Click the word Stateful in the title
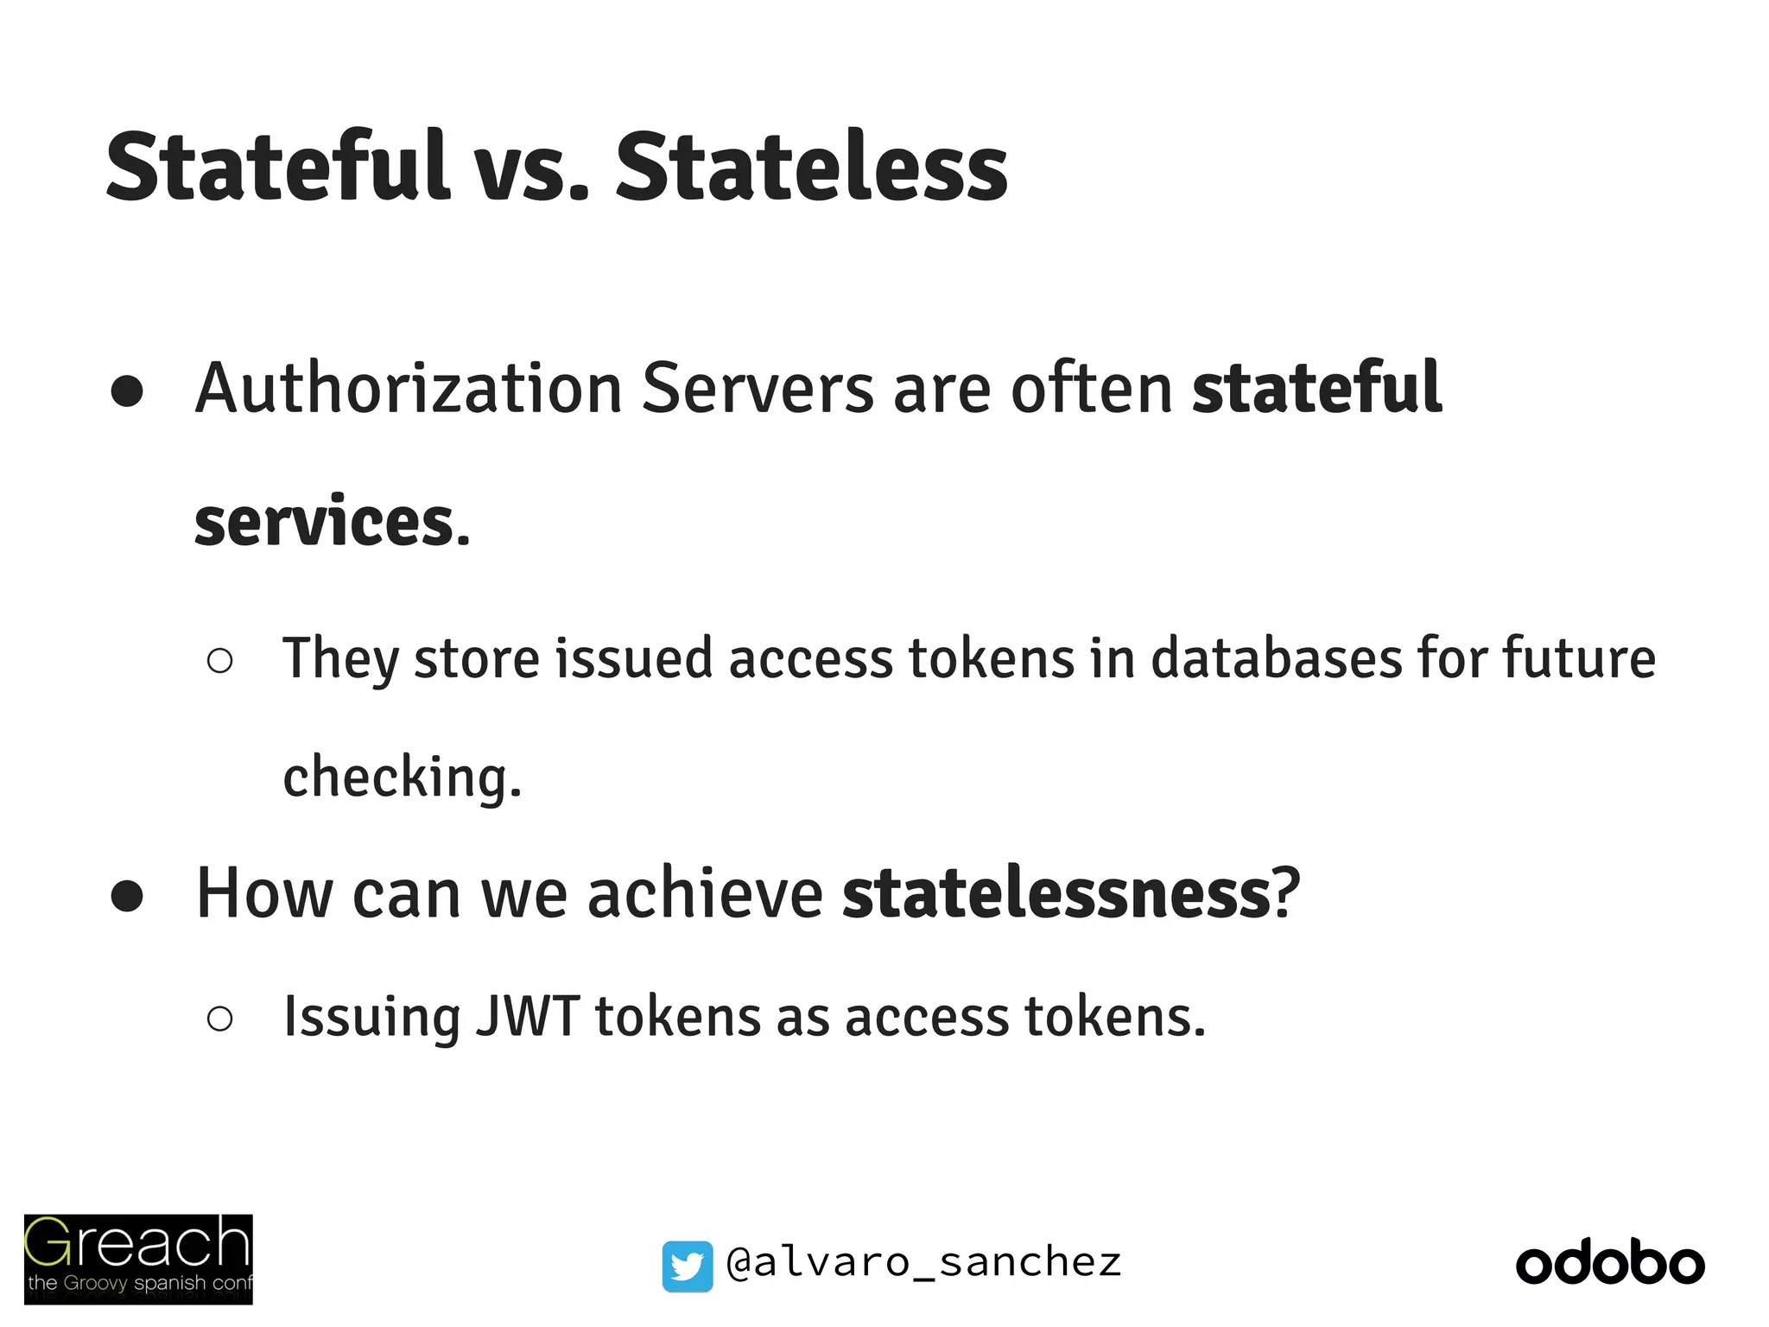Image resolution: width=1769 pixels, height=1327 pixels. click(x=277, y=167)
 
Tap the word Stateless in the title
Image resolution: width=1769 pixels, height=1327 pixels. click(x=811, y=167)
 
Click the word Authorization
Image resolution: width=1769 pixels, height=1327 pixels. click(x=409, y=389)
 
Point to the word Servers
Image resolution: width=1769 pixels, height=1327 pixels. click(x=758, y=389)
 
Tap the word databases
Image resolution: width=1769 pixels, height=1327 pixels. click(x=1275, y=658)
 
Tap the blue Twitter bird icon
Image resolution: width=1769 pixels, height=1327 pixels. click(x=688, y=1266)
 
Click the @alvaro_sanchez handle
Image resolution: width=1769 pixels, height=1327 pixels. click(x=923, y=1263)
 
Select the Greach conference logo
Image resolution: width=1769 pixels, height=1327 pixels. click(x=138, y=1259)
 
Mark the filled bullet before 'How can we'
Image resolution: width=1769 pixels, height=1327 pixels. click(x=127, y=896)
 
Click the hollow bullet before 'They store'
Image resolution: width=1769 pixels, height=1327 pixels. click(x=220, y=661)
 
